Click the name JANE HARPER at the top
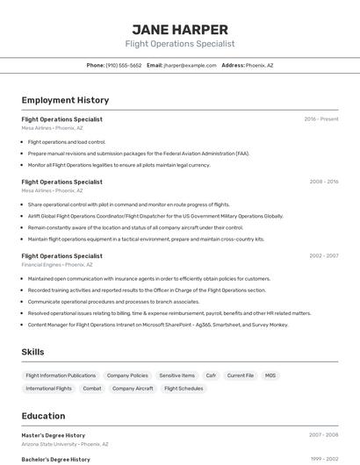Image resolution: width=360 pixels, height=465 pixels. [180, 29]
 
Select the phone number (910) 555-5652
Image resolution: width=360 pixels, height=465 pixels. [123, 65]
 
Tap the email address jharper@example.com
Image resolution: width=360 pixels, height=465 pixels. [190, 65]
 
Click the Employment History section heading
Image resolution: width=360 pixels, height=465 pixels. [65, 100]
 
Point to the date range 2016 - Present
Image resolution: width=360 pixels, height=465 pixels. [320, 119]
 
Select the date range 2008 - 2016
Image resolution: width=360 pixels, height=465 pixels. [323, 182]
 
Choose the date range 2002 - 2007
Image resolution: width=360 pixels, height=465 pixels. [323, 256]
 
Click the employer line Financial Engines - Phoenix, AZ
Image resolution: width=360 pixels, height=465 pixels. [57, 264]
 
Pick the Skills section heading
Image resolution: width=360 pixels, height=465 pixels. [32, 352]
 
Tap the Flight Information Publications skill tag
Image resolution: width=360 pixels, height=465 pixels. [61, 376]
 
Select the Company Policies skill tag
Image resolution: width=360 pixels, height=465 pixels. [127, 376]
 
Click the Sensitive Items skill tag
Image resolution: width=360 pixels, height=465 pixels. [176, 376]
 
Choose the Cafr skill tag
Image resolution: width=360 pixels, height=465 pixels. [211, 376]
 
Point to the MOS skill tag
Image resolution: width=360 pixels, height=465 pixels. [270, 376]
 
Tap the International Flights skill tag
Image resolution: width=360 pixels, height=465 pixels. [48, 388]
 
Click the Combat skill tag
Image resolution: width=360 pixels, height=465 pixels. [92, 388]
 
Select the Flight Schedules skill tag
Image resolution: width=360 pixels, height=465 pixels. [184, 388]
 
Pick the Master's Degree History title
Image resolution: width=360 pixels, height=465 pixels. [54, 435]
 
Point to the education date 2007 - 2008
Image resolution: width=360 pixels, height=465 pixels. [323, 435]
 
